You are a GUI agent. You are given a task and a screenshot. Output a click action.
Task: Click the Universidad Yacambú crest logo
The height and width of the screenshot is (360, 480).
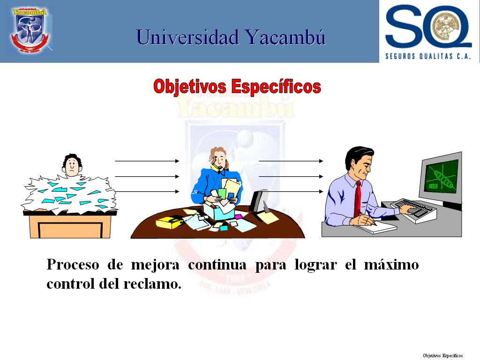30,30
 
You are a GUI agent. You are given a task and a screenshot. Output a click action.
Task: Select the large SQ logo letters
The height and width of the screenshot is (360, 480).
428,26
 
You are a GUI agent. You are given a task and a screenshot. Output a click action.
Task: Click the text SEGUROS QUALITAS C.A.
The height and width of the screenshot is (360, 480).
428,56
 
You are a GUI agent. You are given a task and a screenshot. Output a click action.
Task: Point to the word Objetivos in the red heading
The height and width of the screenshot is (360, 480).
190,87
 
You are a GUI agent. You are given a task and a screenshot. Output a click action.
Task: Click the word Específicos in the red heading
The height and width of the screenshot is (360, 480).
276,87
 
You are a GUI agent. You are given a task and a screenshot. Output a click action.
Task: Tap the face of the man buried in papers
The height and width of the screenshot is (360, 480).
72,167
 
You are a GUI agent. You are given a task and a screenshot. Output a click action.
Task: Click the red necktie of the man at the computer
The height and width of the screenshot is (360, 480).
358,198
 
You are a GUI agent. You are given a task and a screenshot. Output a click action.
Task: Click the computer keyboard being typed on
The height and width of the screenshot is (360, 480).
413,210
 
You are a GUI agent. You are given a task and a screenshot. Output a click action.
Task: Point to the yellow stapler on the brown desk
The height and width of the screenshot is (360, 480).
170,222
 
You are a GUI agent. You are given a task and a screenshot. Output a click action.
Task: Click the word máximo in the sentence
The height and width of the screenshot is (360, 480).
391,264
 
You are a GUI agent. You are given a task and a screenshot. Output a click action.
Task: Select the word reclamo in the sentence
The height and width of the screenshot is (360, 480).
152,284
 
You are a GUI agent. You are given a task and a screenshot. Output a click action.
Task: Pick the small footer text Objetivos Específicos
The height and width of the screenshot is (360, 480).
442,355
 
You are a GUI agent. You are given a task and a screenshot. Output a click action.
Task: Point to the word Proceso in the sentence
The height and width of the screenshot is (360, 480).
73,264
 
